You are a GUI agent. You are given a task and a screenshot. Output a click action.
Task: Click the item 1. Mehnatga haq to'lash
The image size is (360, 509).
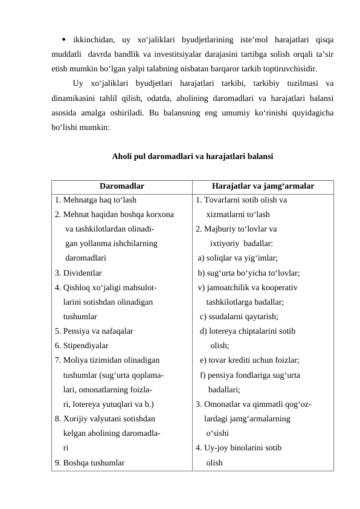(x=95, y=200)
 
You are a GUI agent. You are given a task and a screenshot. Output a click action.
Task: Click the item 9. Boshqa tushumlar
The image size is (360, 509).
(x=89, y=462)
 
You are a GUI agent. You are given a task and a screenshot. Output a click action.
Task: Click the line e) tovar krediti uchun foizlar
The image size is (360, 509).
(x=250, y=360)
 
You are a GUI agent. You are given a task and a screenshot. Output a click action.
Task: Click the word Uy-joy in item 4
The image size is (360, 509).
(x=216, y=448)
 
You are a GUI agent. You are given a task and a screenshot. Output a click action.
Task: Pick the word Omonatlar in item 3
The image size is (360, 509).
(x=222, y=404)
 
